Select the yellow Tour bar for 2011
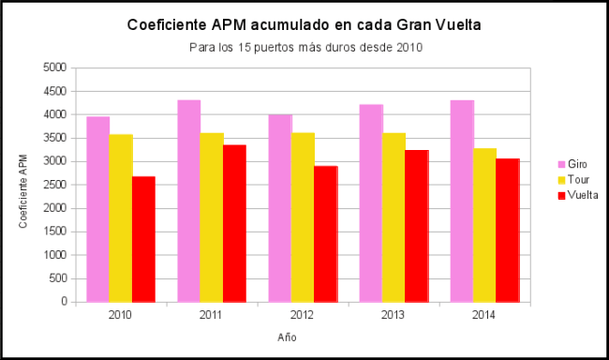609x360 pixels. tap(212, 217)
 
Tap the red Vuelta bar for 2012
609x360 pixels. tap(325, 233)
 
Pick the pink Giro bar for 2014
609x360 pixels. tap(462, 201)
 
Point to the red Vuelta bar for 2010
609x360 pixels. tap(143, 239)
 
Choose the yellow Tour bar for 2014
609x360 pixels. tap(484, 225)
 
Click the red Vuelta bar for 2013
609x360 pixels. tap(416, 226)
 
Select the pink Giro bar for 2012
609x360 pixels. tap(279, 208)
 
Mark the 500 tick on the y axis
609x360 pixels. tap(59, 278)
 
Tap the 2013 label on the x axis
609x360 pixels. tap(394, 315)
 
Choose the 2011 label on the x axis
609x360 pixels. tap(212, 315)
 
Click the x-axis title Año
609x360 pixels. tap(288, 337)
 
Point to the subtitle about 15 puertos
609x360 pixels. tap(304, 47)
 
